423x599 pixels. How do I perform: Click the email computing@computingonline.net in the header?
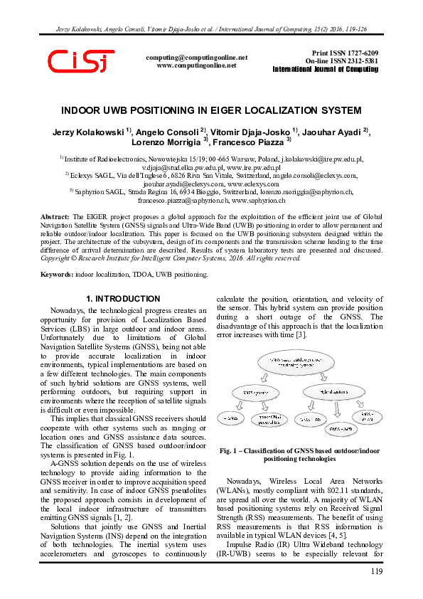(196, 57)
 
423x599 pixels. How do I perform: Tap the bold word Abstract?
(55, 216)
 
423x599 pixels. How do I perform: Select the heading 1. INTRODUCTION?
(123, 299)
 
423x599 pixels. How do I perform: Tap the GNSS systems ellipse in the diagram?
(256, 391)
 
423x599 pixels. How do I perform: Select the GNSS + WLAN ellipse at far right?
(368, 416)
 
